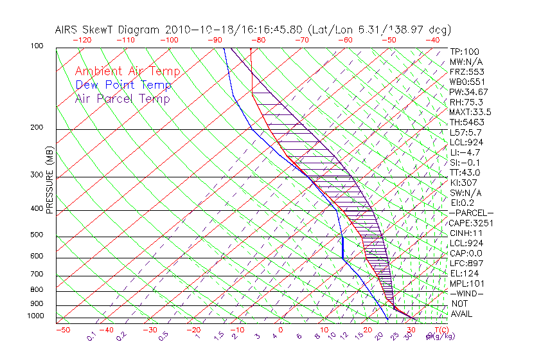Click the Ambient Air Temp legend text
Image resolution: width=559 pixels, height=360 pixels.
click(127, 71)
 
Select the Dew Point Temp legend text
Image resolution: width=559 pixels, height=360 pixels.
click(123, 85)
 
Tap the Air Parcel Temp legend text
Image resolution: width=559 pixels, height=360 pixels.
click(122, 98)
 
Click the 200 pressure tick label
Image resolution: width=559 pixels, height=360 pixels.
click(37, 127)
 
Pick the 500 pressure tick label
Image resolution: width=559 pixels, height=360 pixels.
click(37, 235)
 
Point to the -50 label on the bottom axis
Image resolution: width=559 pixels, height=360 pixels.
click(62, 330)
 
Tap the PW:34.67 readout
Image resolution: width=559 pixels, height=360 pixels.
click(468, 92)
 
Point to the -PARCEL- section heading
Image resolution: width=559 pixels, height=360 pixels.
click(471, 213)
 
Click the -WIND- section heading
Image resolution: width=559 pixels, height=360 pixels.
click(466, 293)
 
